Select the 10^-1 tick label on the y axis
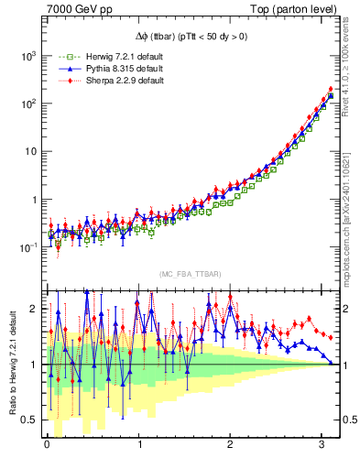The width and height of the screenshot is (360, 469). [x=27, y=247]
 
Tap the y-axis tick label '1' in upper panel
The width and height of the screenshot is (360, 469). [x=34, y=200]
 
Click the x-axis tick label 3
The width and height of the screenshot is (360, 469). [x=323, y=447]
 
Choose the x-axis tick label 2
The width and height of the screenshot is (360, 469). [x=232, y=447]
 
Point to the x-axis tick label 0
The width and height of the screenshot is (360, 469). [x=48, y=447]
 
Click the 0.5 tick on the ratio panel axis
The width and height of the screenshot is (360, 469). [x=30, y=420]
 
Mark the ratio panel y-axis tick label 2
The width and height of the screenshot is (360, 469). [x=35, y=309]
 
